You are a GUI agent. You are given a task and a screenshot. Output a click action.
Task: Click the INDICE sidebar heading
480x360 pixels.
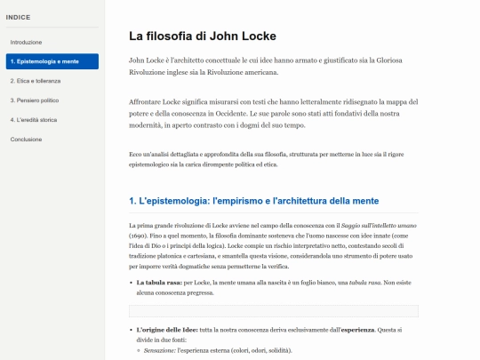point(18,17)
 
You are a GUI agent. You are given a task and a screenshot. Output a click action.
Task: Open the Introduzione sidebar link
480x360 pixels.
point(26,42)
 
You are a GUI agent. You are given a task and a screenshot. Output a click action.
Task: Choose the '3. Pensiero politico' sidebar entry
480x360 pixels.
point(34,100)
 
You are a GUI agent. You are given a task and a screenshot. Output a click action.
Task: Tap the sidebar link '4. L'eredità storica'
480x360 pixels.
point(36,119)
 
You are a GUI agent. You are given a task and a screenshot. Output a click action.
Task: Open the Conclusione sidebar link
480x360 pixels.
point(25,139)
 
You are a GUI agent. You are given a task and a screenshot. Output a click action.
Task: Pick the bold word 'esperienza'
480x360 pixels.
point(358,331)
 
